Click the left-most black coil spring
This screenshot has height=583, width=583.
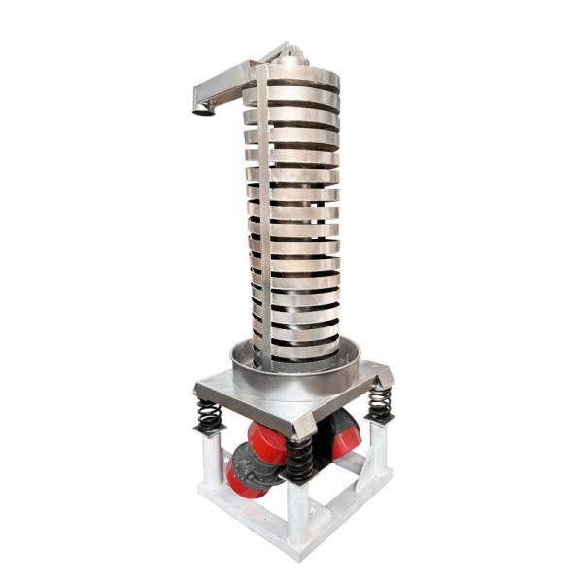tap(208, 416)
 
